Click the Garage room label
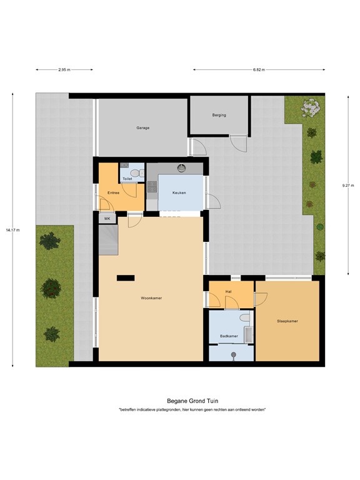(x=143, y=127)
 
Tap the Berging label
(x=219, y=115)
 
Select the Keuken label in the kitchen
(x=181, y=192)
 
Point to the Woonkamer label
(x=151, y=298)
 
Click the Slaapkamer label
(x=287, y=321)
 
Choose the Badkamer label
(x=229, y=336)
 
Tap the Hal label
(x=229, y=292)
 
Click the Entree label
(x=113, y=192)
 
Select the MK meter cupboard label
(x=107, y=219)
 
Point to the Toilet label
(x=127, y=179)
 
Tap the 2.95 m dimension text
(x=63, y=70)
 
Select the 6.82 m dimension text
(x=259, y=70)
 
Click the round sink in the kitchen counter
(x=182, y=167)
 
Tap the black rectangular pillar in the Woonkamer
(x=126, y=277)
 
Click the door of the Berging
(x=238, y=143)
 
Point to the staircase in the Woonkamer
(x=108, y=240)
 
